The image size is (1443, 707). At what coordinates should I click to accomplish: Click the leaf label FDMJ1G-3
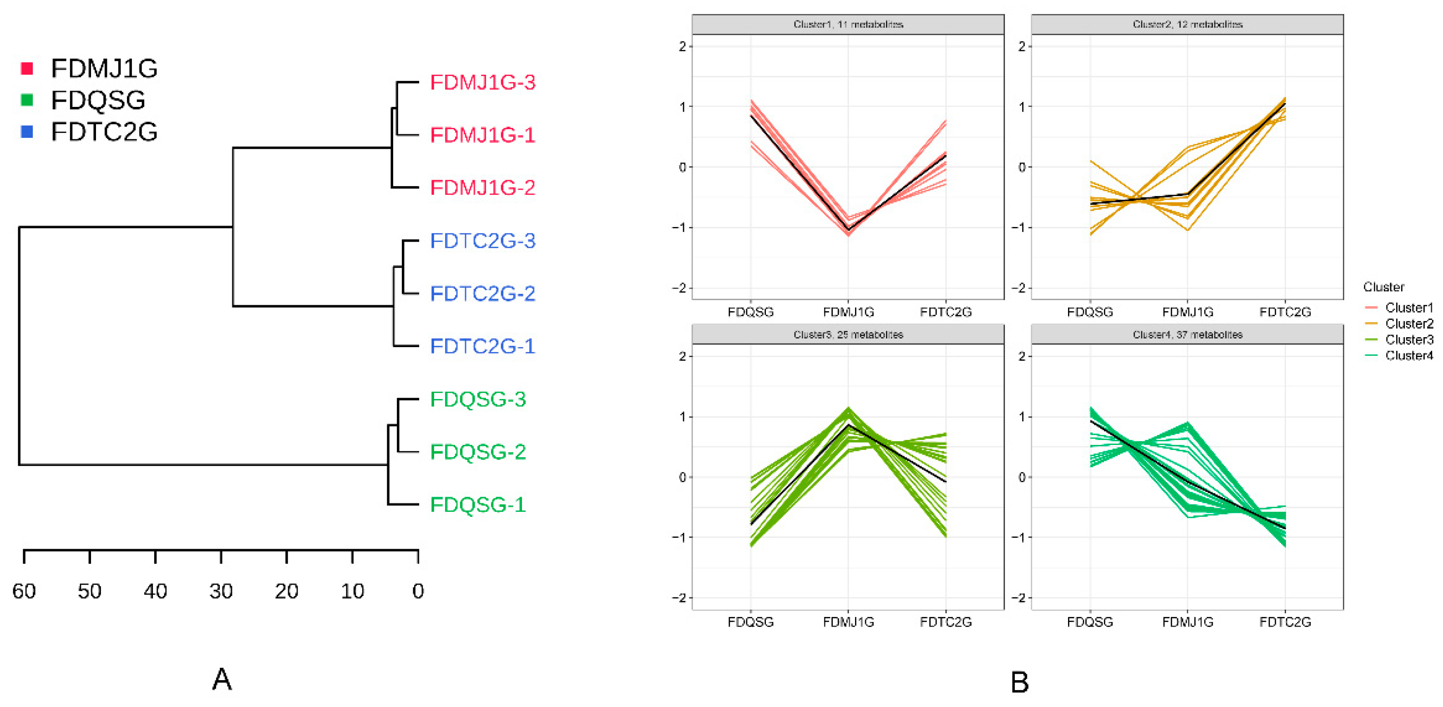[x=482, y=82]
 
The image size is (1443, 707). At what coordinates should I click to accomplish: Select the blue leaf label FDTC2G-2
[x=482, y=293]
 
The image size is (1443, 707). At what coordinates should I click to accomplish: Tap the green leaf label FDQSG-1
[x=478, y=505]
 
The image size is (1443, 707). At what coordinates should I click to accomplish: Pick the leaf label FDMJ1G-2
[x=482, y=188]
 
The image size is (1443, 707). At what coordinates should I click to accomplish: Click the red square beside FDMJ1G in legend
[x=27, y=68]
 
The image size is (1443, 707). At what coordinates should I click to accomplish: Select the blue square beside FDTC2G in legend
[x=27, y=131]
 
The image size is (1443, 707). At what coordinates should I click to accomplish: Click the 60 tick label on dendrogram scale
[x=24, y=591]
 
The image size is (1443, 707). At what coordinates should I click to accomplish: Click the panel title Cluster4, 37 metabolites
[x=1187, y=335]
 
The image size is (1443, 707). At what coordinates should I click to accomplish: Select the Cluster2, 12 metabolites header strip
[x=1187, y=25]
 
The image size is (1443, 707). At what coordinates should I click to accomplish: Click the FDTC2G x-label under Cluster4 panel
[x=1285, y=622]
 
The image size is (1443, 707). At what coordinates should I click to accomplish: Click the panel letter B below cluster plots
[x=1019, y=682]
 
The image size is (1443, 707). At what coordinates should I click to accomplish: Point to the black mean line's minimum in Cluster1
[x=848, y=230]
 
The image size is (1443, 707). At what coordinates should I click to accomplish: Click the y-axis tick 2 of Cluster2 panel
[x=1022, y=46]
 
